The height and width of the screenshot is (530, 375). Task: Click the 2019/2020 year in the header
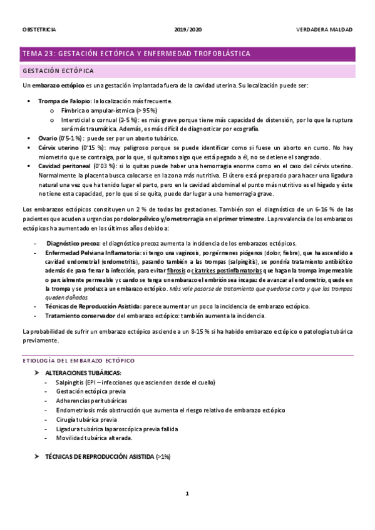(187, 29)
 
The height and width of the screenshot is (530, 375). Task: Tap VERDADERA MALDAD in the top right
(324, 29)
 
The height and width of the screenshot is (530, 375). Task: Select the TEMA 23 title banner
(136, 54)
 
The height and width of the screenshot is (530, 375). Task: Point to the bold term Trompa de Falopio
(64, 101)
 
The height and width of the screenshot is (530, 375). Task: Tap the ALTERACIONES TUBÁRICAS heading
(83, 372)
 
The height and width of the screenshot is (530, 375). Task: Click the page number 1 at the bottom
(187, 494)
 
